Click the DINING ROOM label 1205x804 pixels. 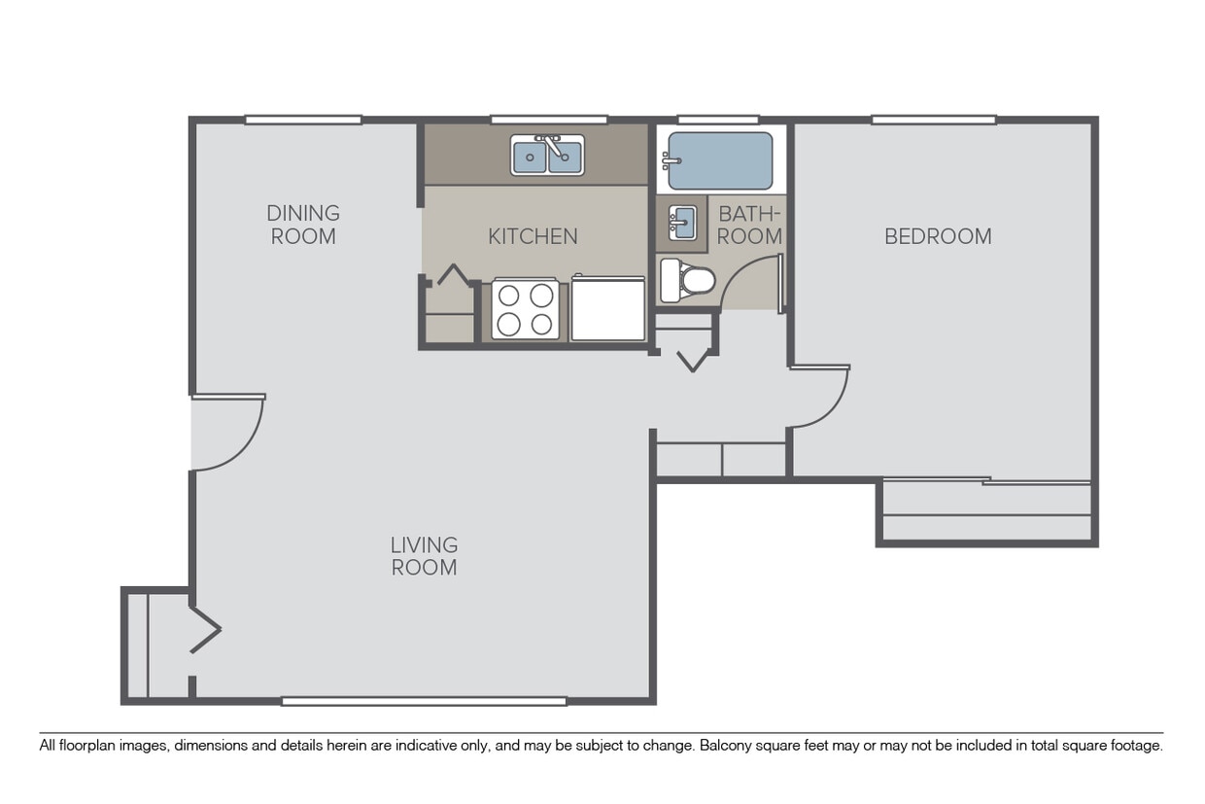pyautogui.click(x=303, y=225)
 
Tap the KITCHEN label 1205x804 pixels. pyautogui.click(x=533, y=236)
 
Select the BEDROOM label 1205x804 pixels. pyautogui.click(x=938, y=236)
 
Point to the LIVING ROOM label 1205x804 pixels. pyautogui.click(x=424, y=556)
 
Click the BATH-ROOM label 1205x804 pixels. pyautogui.click(x=749, y=225)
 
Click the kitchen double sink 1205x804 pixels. pyautogui.click(x=547, y=156)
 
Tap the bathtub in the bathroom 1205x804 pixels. pyautogui.click(x=720, y=160)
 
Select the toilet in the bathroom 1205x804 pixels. pyautogui.click(x=687, y=280)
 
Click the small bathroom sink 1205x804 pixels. pyautogui.click(x=683, y=223)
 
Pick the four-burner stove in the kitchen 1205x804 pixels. pyautogui.click(x=525, y=309)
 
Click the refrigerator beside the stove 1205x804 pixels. pyautogui.click(x=608, y=308)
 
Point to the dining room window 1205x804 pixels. pyautogui.click(x=303, y=121)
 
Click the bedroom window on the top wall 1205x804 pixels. pyautogui.click(x=933, y=121)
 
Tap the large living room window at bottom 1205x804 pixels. pyautogui.click(x=424, y=701)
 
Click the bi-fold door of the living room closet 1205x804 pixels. pyautogui.click(x=205, y=630)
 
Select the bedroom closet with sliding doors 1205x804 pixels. pyautogui.click(x=986, y=511)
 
